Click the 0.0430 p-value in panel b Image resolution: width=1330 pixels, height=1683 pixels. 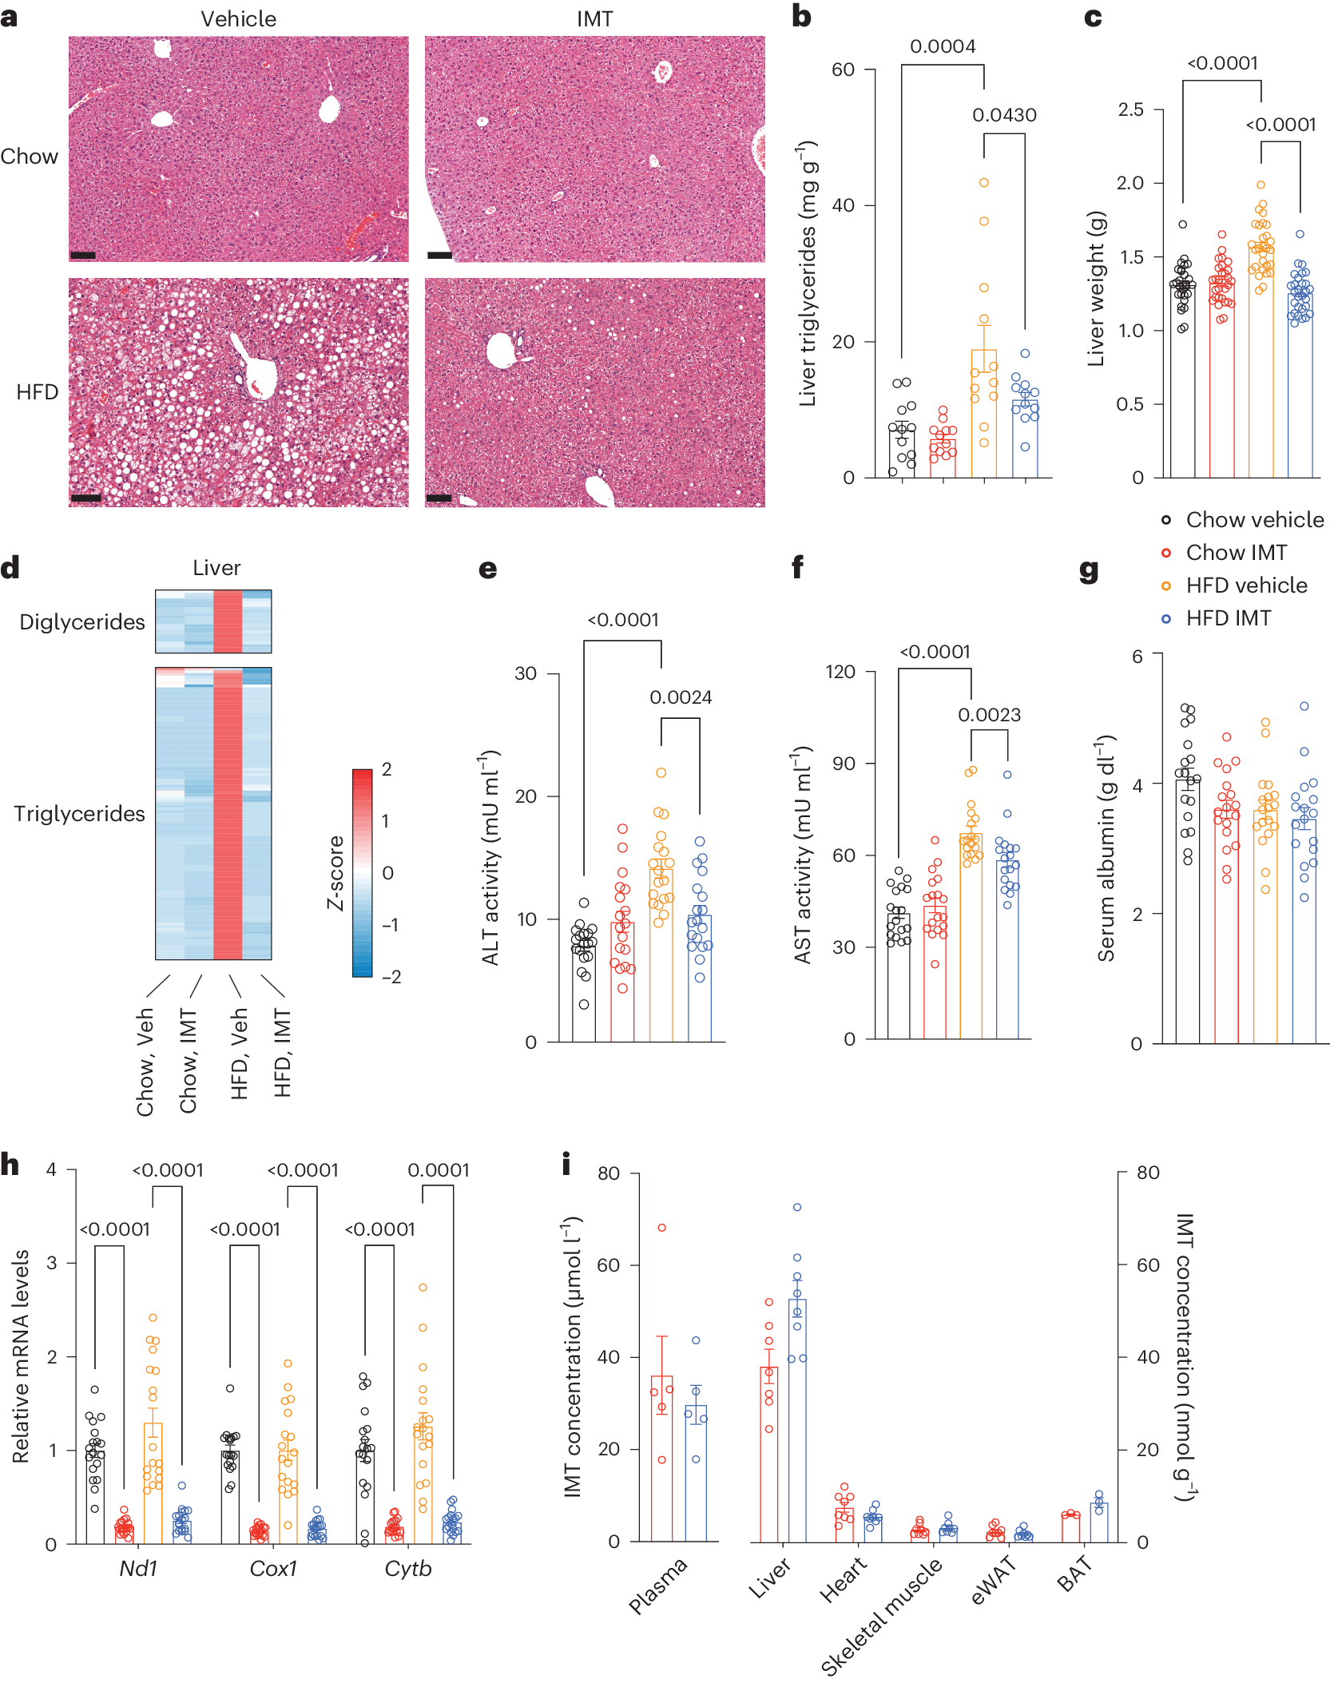coord(1003,115)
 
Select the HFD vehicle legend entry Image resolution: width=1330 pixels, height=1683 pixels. coord(1245,585)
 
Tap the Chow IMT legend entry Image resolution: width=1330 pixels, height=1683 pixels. coord(1236,553)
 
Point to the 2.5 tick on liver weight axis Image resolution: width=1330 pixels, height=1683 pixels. coord(1130,109)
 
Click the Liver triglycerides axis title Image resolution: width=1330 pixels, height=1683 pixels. coord(808,273)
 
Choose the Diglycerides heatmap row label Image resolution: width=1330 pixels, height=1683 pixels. coord(82,622)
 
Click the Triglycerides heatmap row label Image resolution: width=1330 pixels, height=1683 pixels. coord(79,814)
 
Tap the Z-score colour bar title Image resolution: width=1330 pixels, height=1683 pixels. coord(335,872)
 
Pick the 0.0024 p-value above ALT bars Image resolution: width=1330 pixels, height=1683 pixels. coord(681,697)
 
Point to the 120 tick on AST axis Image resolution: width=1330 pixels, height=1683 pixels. coord(840,672)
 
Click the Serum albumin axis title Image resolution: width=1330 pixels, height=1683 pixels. coord(1106,848)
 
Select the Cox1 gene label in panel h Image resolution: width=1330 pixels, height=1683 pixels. coord(273,1568)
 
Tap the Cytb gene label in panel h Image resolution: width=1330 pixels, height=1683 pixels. coord(407,1568)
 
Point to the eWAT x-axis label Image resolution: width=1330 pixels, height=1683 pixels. coord(993,1581)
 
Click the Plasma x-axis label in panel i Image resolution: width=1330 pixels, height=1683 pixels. coord(657,1585)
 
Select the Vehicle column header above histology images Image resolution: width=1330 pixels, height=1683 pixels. coord(238,18)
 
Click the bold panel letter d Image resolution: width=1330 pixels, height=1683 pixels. coord(10,568)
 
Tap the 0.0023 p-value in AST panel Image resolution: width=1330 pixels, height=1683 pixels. coord(989,715)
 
